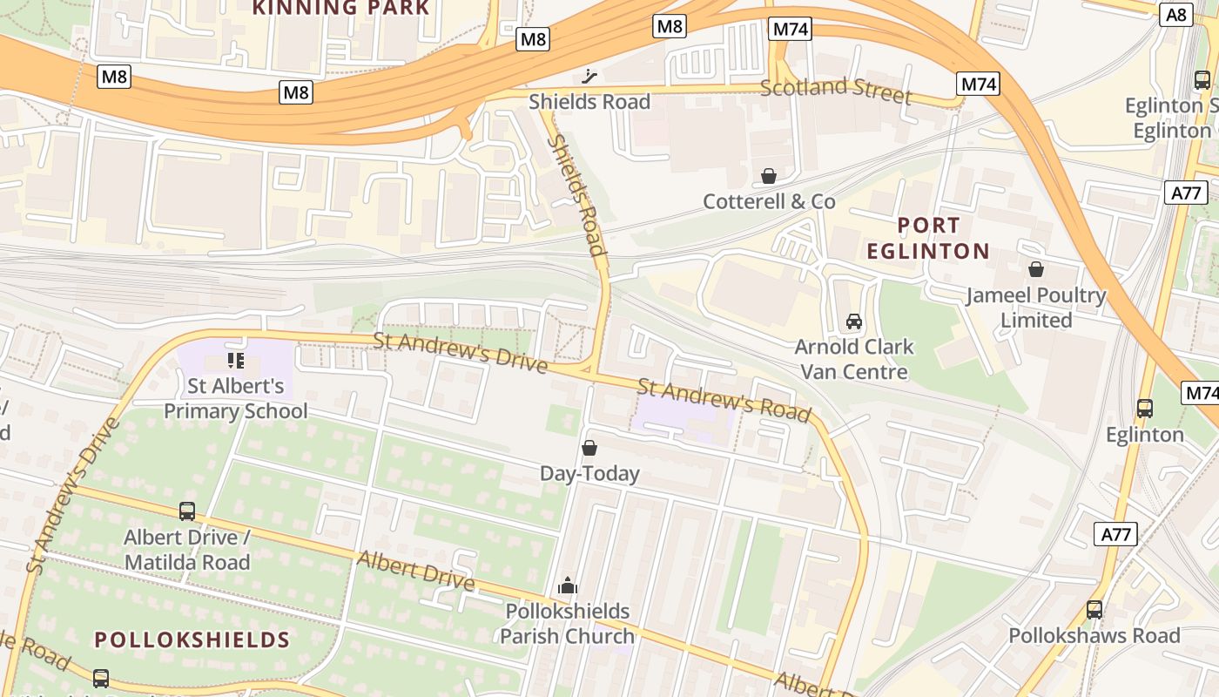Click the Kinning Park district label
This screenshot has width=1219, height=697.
click(x=341, y=9)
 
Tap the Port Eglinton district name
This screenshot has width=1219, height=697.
click(x=928, y=239)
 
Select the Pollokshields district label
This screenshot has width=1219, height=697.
click(x=192, y=639)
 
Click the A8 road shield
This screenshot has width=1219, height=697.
click(x=1175, y=14)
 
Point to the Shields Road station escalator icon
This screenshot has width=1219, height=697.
click(x=590, y=77)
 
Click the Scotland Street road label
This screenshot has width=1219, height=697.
click(x=835, y=90)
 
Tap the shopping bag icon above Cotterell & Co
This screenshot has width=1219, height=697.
click(x=769, y=177)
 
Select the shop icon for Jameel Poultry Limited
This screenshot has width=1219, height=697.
click(x=1036, y=269)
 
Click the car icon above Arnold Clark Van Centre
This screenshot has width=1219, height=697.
click(x=854, y=321)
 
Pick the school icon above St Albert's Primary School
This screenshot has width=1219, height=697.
click(x=235, y=360)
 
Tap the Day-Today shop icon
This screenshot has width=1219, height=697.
click(x=589, y=449)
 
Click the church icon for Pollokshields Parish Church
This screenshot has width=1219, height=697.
click(x=568, y=585)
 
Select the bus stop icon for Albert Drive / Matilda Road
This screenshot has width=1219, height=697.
click(x=187, y=511)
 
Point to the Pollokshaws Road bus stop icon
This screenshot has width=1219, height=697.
click(x=1094, y=610)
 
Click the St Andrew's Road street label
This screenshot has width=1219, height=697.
click(x=724, y=400)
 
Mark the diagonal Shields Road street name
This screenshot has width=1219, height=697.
click(x=576, y=194)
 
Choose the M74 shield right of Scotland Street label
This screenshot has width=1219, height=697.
click(x=978, y=84)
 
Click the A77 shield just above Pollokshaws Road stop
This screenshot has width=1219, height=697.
click(x=1115, y=534)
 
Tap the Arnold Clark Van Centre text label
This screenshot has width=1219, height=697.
click(x=854, y=359)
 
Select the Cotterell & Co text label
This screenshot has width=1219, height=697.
click(x=769, y=201)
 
